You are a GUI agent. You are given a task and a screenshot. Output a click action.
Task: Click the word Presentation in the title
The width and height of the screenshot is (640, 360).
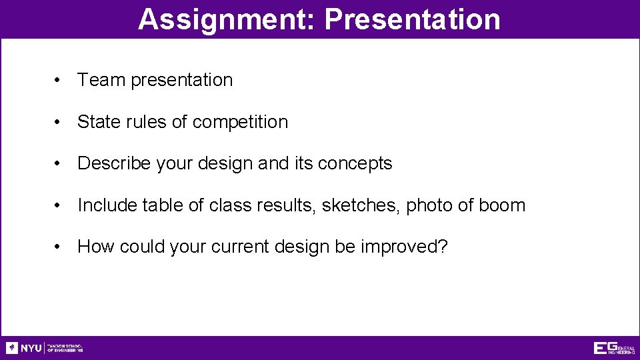click(x=412, y=19)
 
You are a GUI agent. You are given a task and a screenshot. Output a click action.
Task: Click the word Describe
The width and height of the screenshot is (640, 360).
click(x=114, y=163)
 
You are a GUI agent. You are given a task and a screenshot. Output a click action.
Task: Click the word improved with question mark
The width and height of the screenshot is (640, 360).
click(x=404, y=247)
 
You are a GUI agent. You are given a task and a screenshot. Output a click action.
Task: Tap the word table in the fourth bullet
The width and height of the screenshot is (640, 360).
click(x=163, y=205)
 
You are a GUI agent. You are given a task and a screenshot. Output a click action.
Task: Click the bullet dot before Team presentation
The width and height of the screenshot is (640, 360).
click(x=59, y=81)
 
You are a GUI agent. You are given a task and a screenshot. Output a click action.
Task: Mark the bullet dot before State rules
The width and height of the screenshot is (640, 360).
click(x=59, y=123)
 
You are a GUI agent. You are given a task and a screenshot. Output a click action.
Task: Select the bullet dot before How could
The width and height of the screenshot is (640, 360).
click(x=59, y=247)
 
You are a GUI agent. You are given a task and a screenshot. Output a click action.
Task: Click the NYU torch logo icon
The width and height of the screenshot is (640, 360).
click(x=12, y=348)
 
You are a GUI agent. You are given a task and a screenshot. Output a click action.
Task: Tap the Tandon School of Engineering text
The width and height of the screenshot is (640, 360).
click(x=65, y=348)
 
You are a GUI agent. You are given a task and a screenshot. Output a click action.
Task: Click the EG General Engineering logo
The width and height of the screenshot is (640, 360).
click(x=614, y=348)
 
